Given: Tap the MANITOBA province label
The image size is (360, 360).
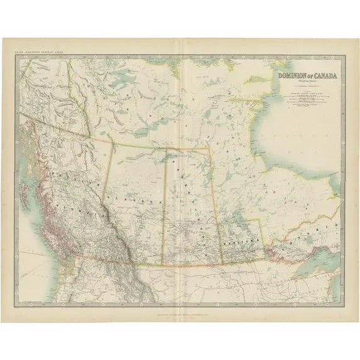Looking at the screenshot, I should [x=239, y=240].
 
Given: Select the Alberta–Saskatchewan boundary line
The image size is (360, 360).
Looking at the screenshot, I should [x=165, y=207].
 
